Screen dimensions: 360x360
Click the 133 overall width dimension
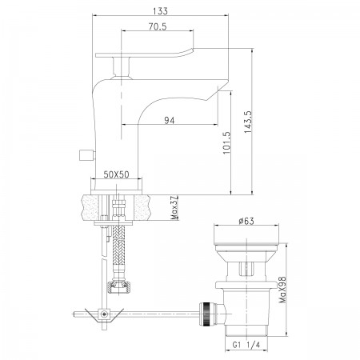coord(161,11)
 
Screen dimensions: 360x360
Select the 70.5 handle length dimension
coord(158,26)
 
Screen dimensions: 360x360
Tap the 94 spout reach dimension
coord(170,121)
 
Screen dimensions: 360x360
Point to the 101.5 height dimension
coord(226,142)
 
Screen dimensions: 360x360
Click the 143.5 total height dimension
coord(248,122)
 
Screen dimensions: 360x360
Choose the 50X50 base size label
coord(116,174)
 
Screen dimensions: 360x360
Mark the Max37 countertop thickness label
coord(174,208)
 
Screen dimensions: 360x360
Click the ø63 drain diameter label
coord(246,221)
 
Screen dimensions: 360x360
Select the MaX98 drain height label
coord(282,290)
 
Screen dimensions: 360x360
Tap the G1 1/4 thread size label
coord(246,345)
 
